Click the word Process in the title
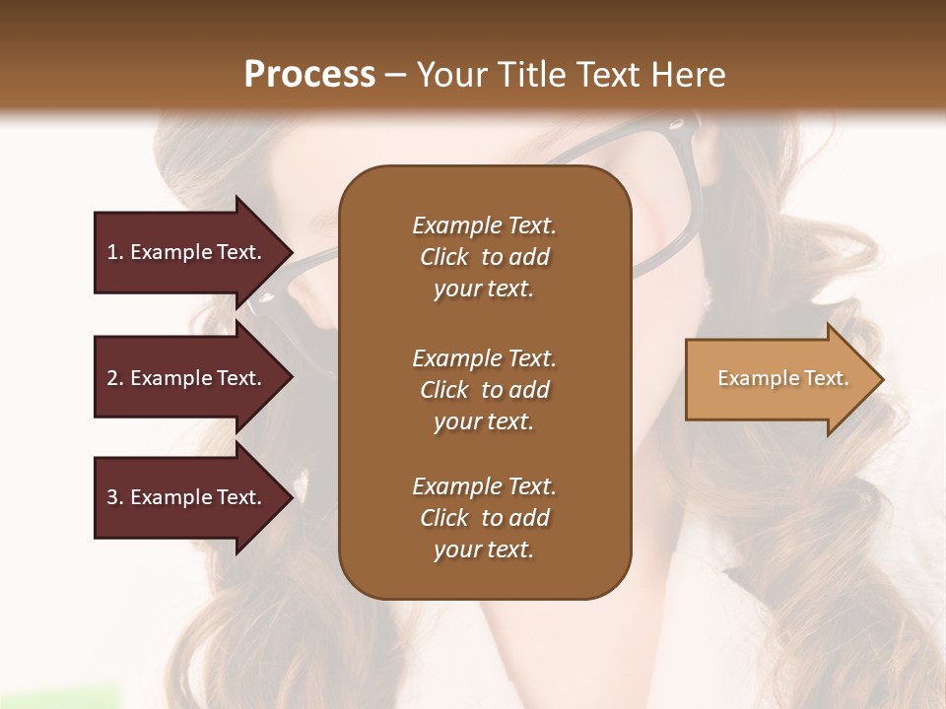(x=309, y=74)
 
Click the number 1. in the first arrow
(x=115, y=252)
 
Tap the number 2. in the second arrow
(x=115, y=378)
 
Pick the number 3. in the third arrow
(x=115, y=497)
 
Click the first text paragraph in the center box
(x=484, y=257)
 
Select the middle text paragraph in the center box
(x=484, y=390)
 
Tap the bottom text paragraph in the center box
(x=484, y=518)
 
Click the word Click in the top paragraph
(x=444, y=257)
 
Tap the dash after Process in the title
(x=395, y=75)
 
